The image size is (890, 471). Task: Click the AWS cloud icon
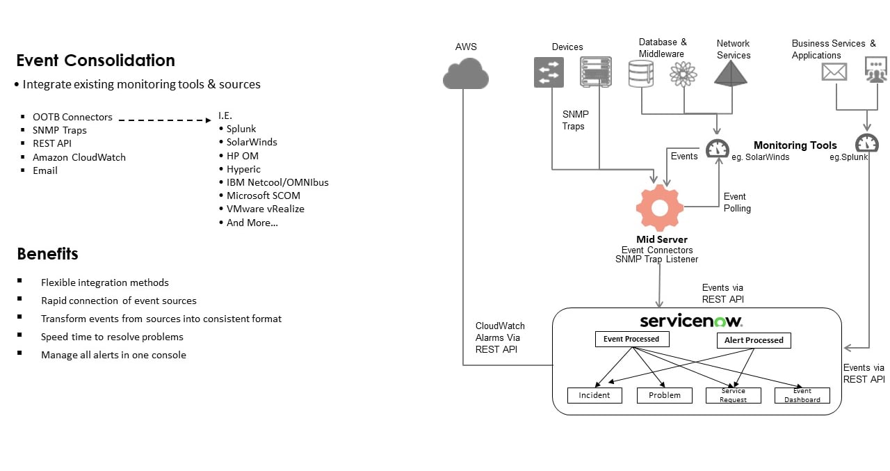tap(465, 73)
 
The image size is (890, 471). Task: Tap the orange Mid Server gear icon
tap(659, 207)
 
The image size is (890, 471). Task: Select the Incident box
tap(594, 395)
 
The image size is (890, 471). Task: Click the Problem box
tap(664, 395)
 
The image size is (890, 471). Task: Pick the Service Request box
tap(733, 395)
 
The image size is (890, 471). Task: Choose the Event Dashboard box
tap(802, 395)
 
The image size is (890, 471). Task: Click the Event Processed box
tap(631, 339)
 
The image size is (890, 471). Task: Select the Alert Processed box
tap(754, 340)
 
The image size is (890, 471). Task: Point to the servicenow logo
tap(690, 321)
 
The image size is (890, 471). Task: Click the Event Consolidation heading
tap(95, 61)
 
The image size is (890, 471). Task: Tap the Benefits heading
tap(47, 254)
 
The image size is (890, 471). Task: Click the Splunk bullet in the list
tap(241, 129)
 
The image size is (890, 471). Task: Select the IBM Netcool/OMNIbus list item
tap(277, 182)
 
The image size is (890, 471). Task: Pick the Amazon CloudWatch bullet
tap(79, 157)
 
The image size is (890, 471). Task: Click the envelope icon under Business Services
tap(834, 72)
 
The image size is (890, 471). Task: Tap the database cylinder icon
tap(640, 73)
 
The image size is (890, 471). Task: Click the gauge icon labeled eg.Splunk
tap(867, 143)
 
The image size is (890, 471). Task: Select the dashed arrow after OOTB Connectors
tap(164, 120)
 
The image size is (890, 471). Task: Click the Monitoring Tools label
tap(795, 145)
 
